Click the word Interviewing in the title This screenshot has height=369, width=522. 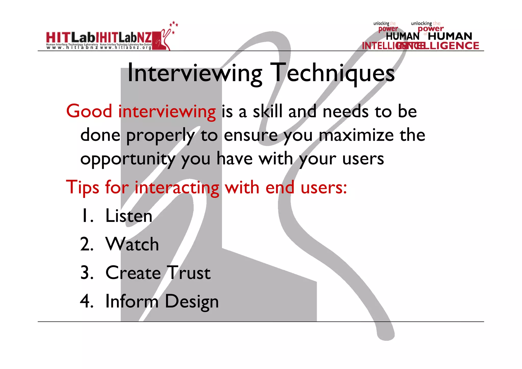[195, 73]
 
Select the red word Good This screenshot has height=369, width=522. [89, 111]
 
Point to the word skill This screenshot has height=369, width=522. [268, 111]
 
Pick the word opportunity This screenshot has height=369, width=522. [128, 159]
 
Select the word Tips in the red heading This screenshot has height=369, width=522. [82, 187]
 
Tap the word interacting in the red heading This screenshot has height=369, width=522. [177, 188]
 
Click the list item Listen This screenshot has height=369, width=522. [129, 216]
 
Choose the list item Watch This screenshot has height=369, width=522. [132, 244]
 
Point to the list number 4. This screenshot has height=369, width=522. [86, 301]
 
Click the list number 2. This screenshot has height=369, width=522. [86, 244]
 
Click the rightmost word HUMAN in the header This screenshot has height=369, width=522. [450, 36]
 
